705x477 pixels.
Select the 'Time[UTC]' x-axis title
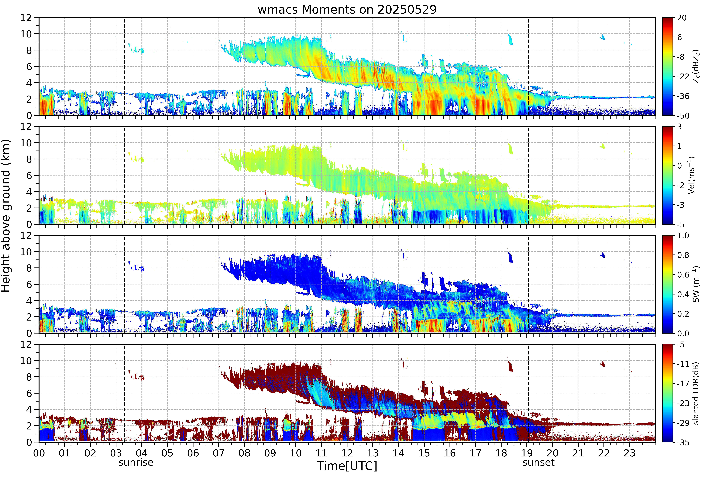[347, 466]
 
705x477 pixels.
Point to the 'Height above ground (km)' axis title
[6, 216]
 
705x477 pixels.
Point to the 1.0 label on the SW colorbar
[683, 236]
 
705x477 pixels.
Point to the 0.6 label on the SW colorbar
[683, 275]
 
